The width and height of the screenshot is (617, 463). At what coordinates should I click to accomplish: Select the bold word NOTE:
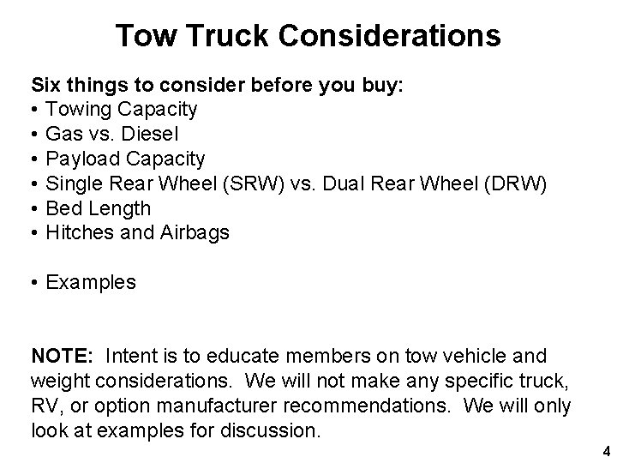[63, 355]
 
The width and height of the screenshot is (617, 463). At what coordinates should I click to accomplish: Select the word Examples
[91, 282]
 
